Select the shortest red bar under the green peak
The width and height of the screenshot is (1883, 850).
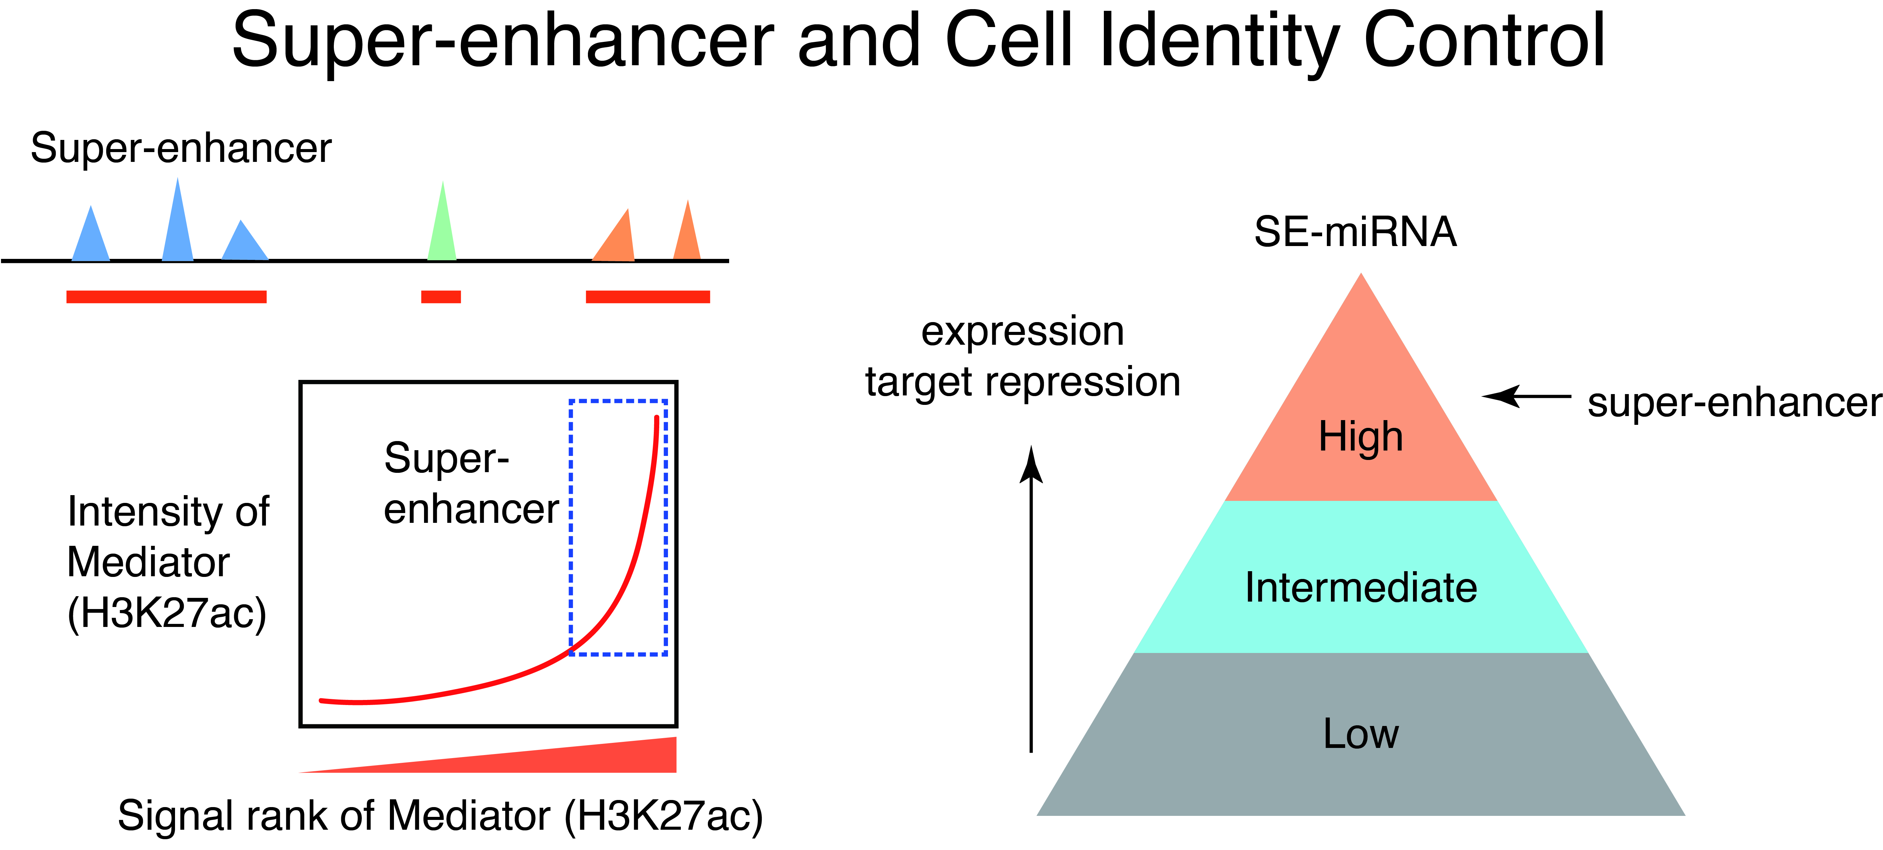[x=441, y=297]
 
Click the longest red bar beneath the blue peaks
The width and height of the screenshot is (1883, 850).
[x=167, y=297]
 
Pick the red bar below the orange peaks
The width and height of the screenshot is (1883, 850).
[x=648, y=297]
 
